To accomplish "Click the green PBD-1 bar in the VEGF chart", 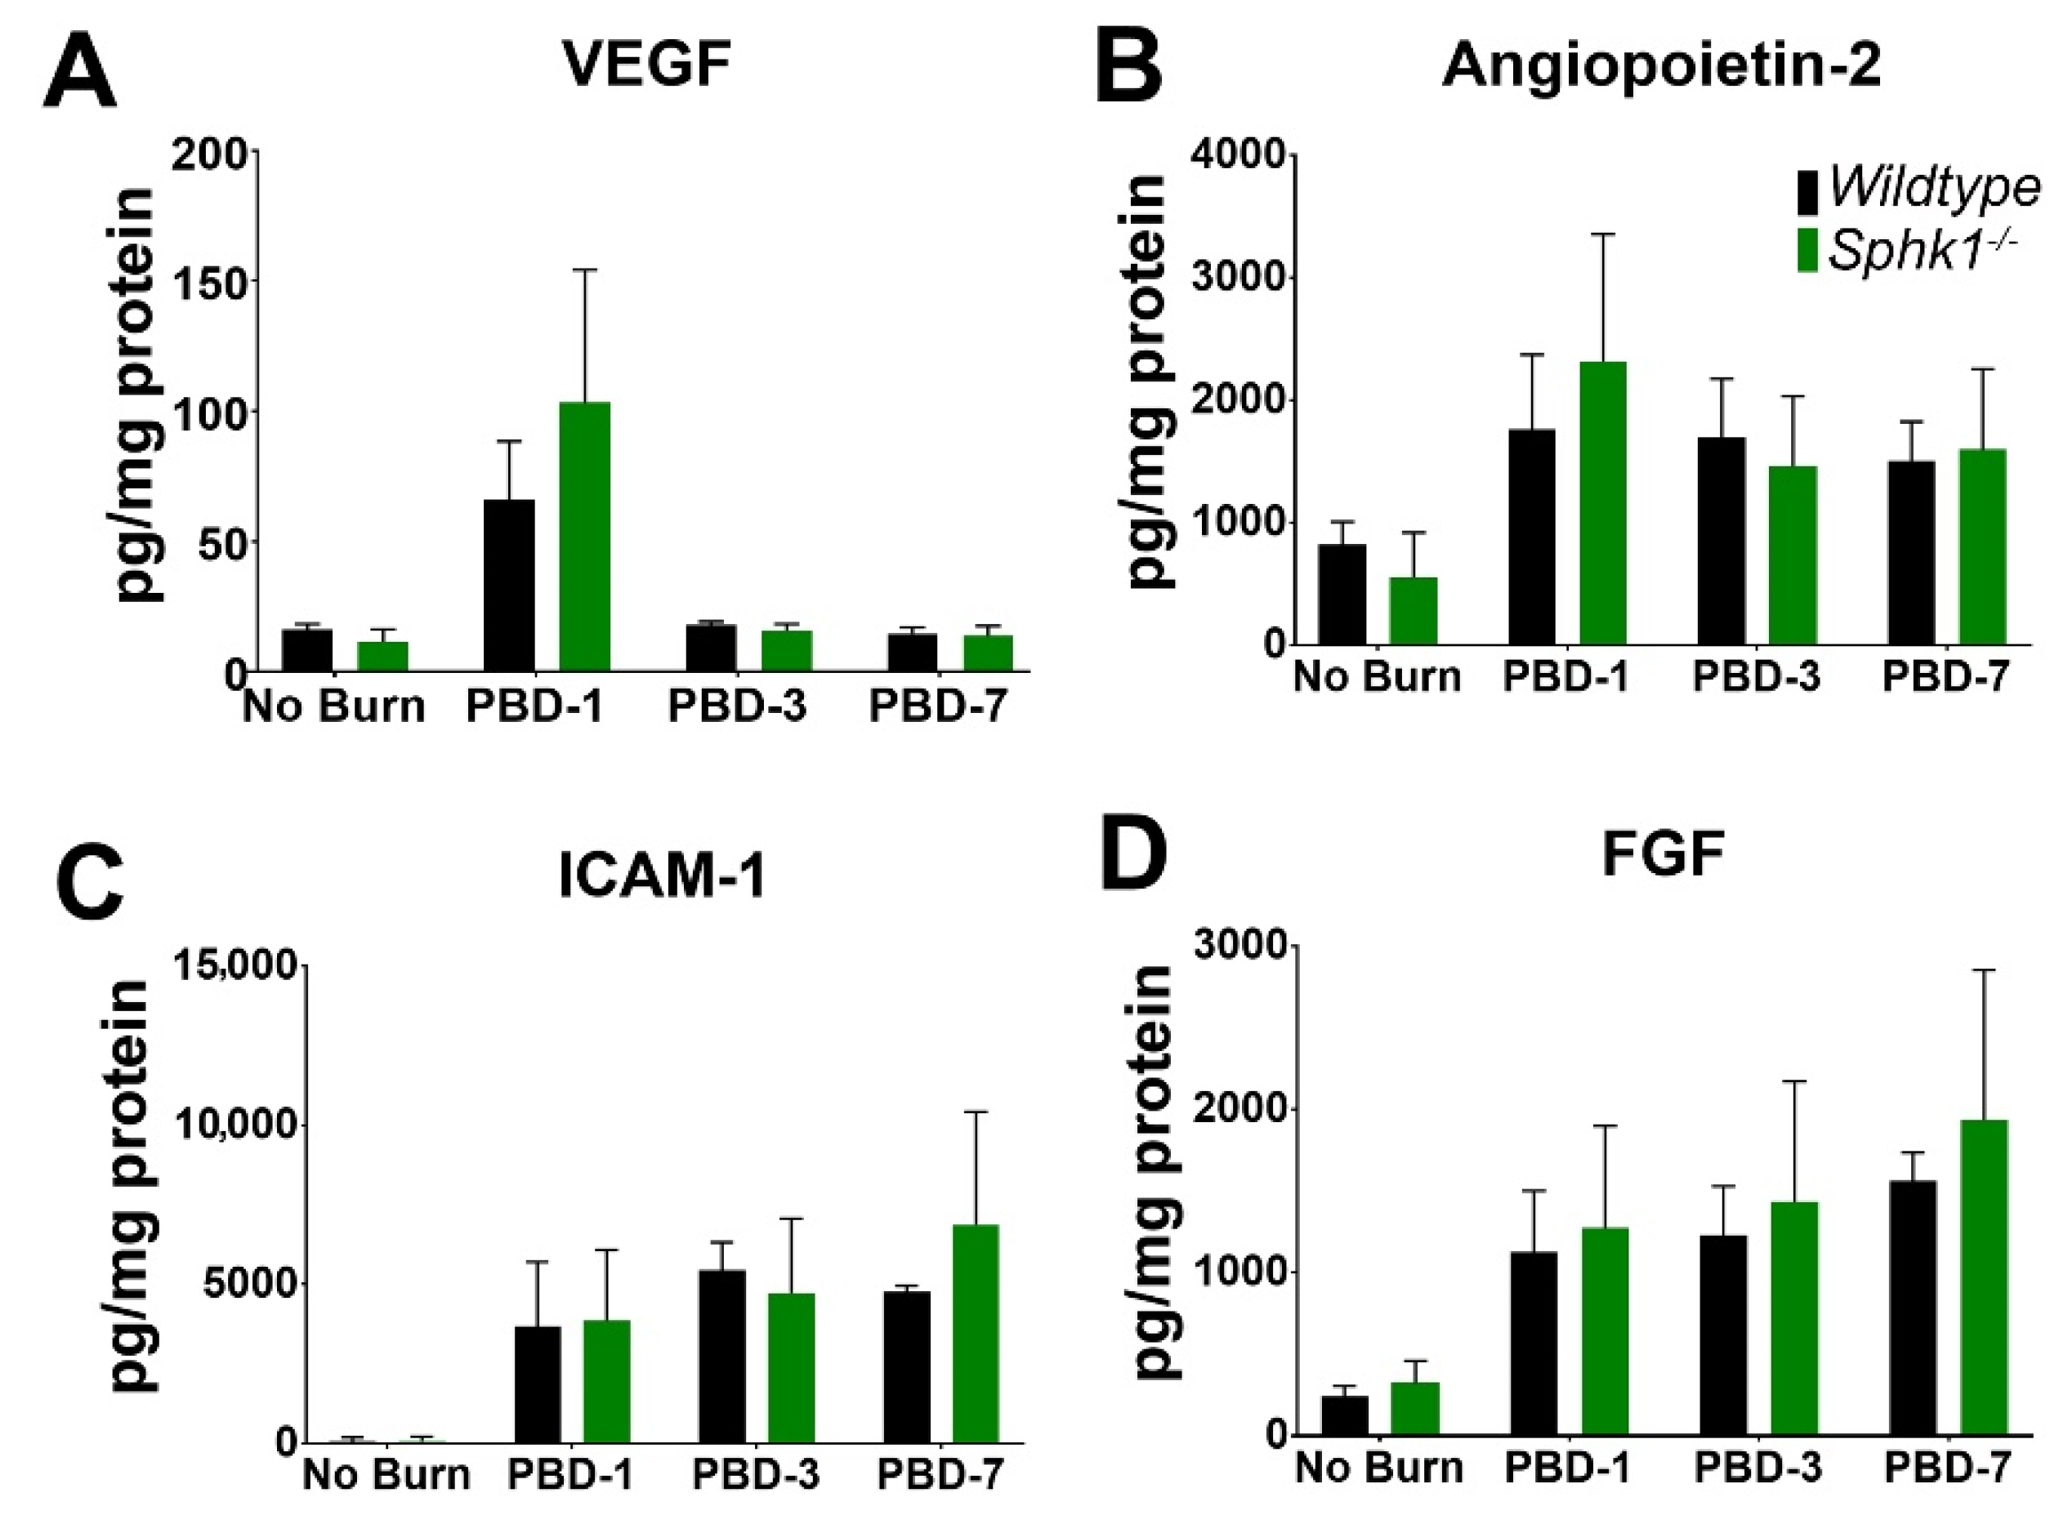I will (584, 537).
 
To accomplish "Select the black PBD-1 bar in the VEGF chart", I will (509, 585).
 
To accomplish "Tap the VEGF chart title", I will (647, 65).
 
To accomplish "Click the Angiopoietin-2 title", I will (1662, 66).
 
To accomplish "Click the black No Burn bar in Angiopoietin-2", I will (1342, 594).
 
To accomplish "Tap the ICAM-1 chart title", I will (662, 876).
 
